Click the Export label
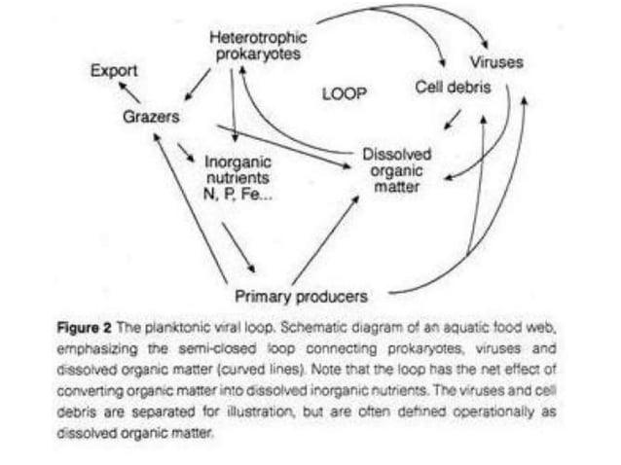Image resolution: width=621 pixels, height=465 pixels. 114,71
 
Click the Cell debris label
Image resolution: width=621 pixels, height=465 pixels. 451,89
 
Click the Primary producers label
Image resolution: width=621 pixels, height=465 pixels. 302,294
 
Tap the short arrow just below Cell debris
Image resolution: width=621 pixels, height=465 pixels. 453,119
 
